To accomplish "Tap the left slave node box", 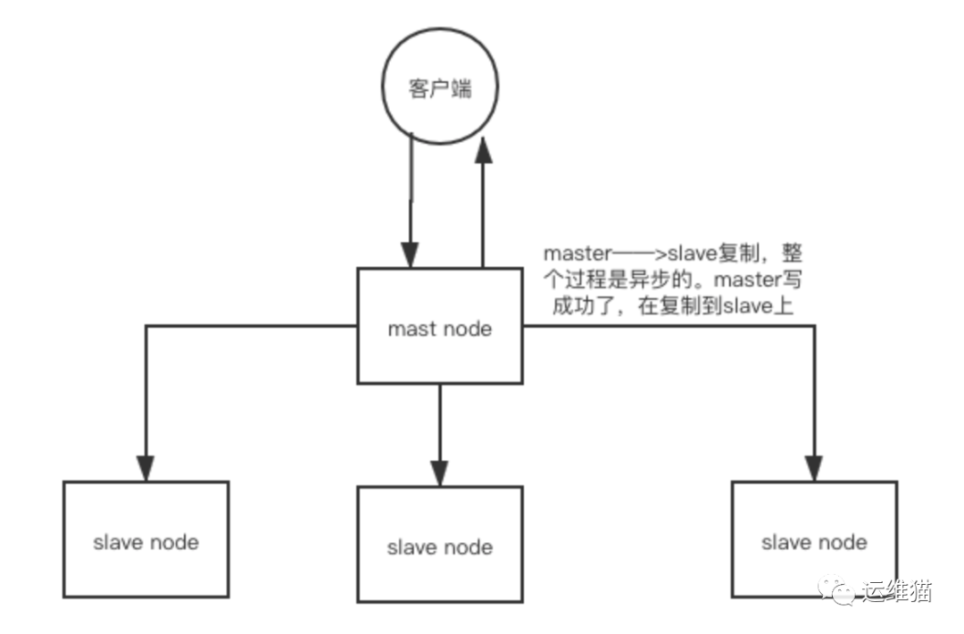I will click(x=145, y=539).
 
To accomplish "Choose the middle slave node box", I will click(x=439, y=544).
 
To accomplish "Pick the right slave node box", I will click(x=813, y=539).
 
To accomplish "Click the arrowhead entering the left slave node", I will click(x=145, y=468).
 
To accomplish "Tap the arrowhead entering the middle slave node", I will click(x=439, y=472).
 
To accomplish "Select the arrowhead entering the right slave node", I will click(x=814, y=468).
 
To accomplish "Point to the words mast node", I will click(x=439, y=329).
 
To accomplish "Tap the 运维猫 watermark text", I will click(x=896, y=591).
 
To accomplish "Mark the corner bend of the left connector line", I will click(x=145, y=327).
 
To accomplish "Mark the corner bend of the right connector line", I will click(x=814, y=327).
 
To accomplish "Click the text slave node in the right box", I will click(x=813, y=542).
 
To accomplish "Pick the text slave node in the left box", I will click(x=145, y=542).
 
